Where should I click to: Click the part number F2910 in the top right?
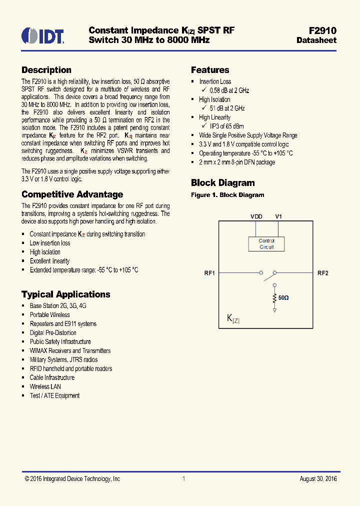coord(323,30)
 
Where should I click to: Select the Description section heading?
coord(46,70)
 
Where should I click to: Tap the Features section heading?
coord(210,70)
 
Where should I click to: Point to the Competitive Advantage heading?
coord(72,194)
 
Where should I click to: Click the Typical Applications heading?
coord(65,294)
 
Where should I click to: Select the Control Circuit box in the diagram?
coord(266,244)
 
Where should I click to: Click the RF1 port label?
coord(209,273)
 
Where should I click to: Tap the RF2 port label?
coord(323,273)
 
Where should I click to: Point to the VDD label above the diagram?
coord(256,216)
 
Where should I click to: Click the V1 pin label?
coord(278,216)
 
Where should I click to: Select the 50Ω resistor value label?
coord(283,297)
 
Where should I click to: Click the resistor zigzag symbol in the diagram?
coord(274,298)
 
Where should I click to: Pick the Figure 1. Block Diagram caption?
coord(227,195)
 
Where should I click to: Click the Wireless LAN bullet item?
coord(45,386)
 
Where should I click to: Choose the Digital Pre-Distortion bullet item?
coord(53,332)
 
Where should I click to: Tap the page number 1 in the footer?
coord(184,479)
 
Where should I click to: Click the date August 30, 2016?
coord(318,479)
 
